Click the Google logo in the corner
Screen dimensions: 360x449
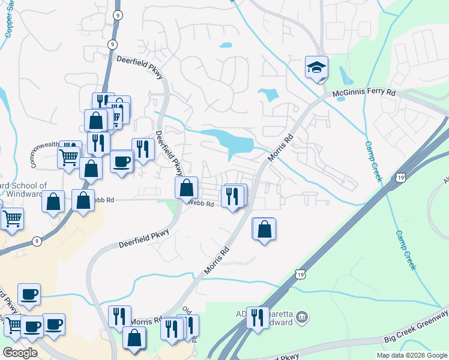pos(20,352)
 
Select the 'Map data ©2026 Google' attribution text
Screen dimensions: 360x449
pos(411,355)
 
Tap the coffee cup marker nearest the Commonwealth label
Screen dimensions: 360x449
pos(122,161)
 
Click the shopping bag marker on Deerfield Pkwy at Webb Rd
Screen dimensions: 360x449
pos(187,188)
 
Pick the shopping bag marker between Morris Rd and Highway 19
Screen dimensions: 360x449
pos(264,229)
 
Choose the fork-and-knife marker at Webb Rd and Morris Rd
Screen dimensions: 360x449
pos(233,196)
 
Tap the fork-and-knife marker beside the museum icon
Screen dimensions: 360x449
pos(258,317)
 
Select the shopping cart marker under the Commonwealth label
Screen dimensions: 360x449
pos(68,158)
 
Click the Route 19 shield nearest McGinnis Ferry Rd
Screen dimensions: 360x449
pos(400,178)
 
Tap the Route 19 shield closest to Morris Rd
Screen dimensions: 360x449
pos(299,274)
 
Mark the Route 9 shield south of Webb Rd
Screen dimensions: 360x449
pos(37,241)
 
